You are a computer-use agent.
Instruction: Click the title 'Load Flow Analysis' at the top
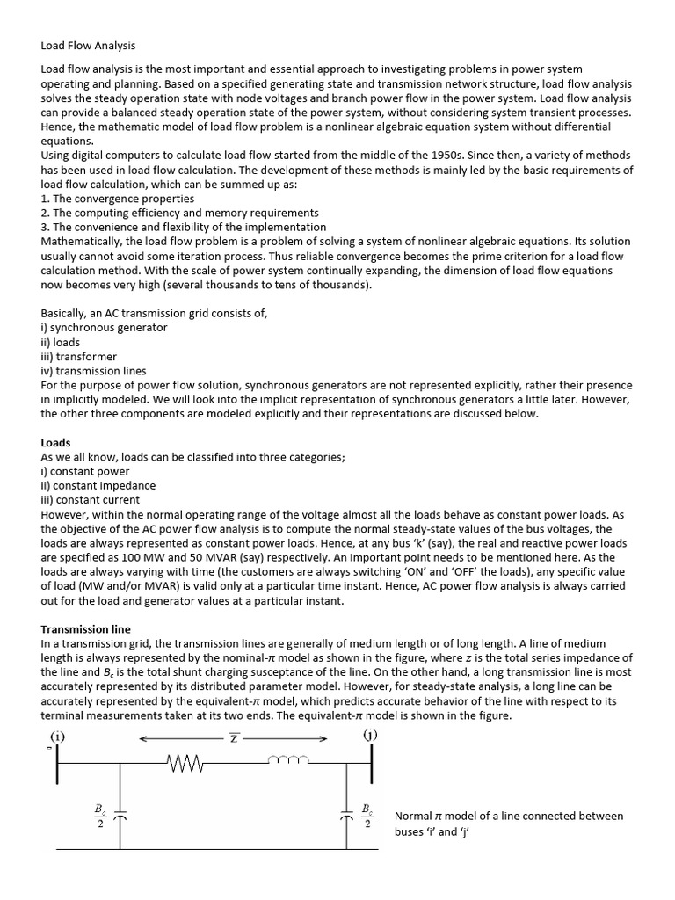coord(89,45)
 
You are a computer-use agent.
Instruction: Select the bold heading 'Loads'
coord(56,443)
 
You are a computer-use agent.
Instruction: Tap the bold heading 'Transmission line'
coord(86,629)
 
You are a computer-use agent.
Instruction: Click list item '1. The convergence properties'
coord(118,199)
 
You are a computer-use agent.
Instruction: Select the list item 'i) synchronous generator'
coord(104,328)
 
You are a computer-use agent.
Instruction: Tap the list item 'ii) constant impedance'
coord(98,485)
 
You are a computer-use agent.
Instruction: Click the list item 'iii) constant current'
coord(91,500)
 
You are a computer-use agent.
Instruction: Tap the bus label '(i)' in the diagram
coord(58,735)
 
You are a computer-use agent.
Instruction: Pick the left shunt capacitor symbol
coord(120,814)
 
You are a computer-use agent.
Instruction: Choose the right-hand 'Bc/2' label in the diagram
coord(367,814)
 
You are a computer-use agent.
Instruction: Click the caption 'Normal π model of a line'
coord(509,816)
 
